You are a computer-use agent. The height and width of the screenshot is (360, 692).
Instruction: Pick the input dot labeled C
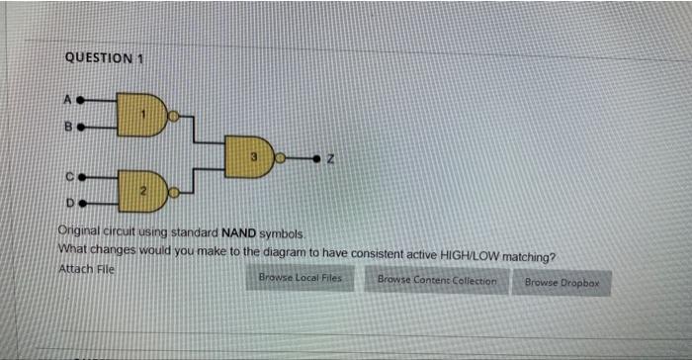83,176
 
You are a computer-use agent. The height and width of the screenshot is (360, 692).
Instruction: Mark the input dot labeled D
83,203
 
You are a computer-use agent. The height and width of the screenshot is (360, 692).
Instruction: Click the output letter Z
335,157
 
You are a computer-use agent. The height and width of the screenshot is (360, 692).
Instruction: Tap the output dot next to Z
316,157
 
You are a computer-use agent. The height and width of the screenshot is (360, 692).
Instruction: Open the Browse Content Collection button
436,281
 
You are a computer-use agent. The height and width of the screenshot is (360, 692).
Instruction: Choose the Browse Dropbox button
562,283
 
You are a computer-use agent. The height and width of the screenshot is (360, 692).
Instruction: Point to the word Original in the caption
82,230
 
